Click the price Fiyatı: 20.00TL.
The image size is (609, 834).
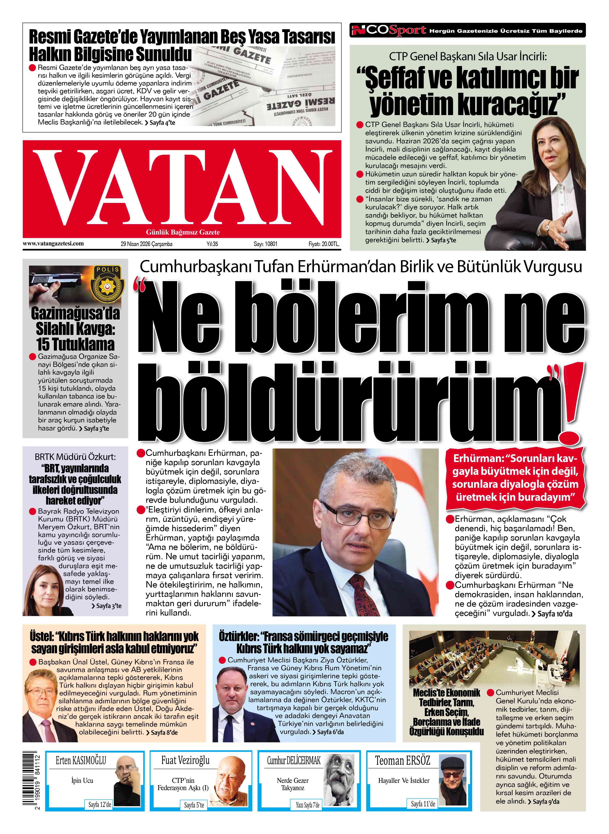point(324,244)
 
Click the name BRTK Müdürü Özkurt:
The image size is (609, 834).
point(75,457)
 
